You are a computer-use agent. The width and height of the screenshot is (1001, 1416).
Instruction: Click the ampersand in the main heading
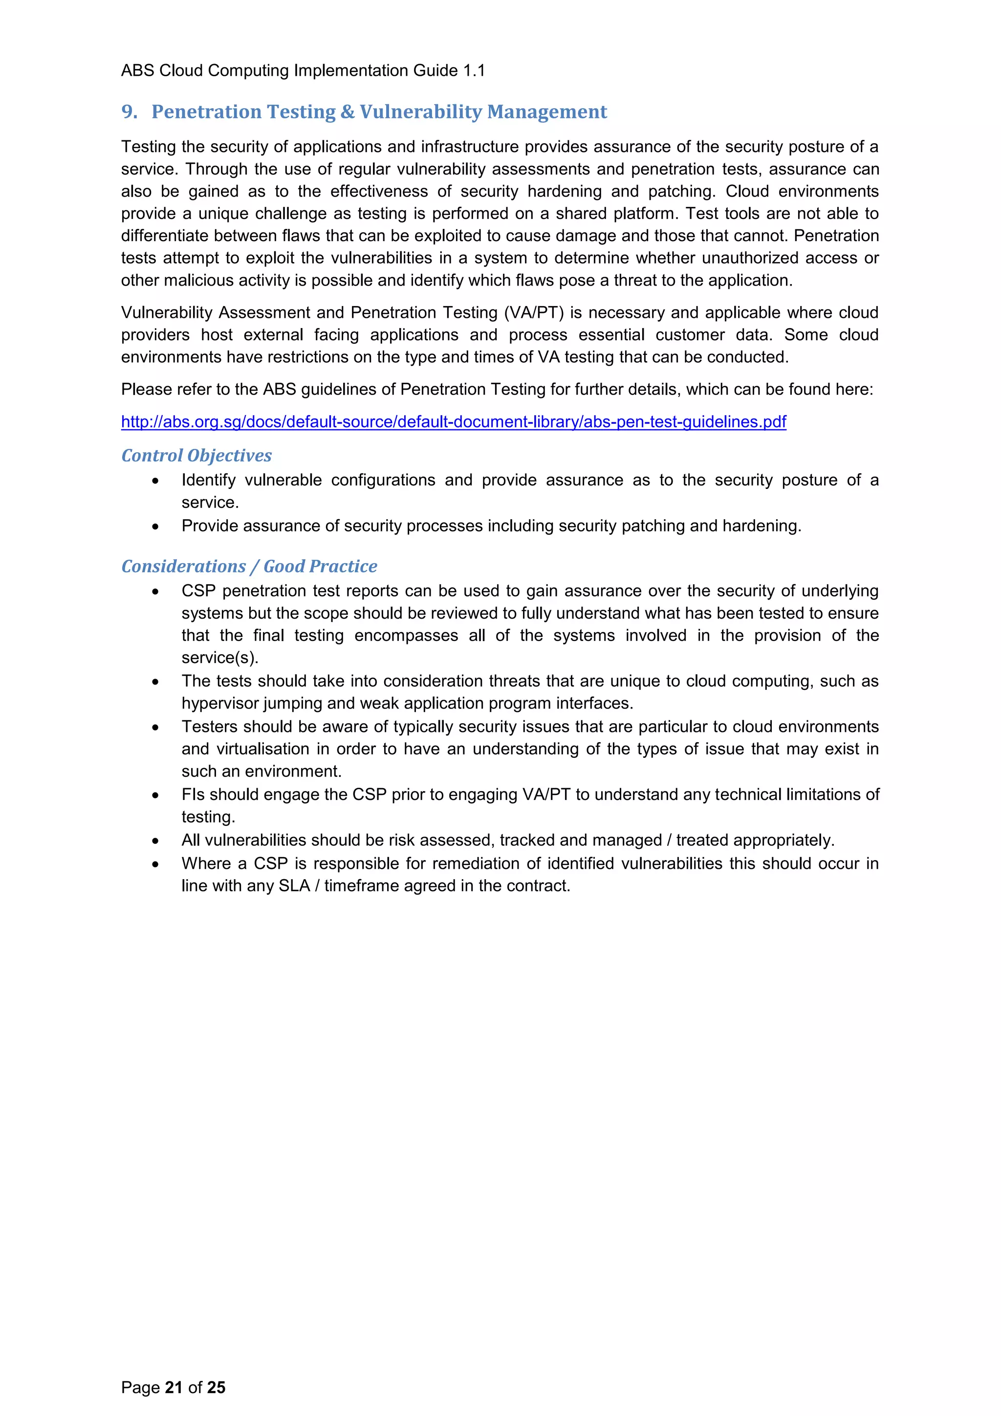tap(347, 111)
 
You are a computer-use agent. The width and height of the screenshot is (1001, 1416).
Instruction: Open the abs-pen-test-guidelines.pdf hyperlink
tap(453, 422)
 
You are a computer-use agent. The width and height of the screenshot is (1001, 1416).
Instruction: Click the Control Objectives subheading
tap(196, 456)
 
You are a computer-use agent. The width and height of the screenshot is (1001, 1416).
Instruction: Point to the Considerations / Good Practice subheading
tap(249, 567)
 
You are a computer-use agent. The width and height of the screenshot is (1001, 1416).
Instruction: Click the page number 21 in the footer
tap(173, 1388)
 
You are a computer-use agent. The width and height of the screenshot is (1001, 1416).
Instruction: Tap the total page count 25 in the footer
tap(217, 1388)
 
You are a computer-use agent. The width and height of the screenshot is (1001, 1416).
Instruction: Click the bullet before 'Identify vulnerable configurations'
tap(155, 481)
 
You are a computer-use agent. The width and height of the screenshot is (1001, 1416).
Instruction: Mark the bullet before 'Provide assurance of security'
tap(155, 527)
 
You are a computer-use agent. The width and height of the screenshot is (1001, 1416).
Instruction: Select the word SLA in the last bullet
tap(294, 886)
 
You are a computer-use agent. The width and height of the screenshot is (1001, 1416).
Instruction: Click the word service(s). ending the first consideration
tap(219, 658)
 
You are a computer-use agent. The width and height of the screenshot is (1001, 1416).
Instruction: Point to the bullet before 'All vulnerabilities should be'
tap(155, 841)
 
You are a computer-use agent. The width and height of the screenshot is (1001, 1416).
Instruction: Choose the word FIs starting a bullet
tap(193, 795)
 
